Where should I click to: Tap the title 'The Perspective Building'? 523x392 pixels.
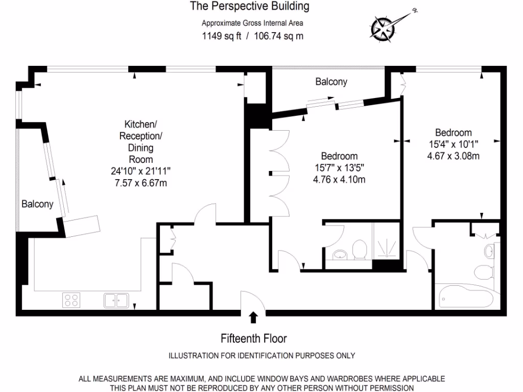(250, 7)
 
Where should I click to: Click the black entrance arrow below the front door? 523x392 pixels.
(253, 317)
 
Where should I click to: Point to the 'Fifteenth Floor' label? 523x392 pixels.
(253, 338)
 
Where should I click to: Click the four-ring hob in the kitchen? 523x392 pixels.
(72, 300)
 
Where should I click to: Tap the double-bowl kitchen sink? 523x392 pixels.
(116, 300)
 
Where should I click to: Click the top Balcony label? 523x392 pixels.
(331, 82)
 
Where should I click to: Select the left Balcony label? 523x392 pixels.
(37, 204)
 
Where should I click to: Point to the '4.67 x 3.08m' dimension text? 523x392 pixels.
(453, 156)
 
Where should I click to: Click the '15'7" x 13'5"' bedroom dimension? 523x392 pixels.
(339, 167)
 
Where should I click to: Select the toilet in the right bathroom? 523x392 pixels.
(483, 272)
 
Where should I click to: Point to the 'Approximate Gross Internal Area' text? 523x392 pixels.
(252, 23)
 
